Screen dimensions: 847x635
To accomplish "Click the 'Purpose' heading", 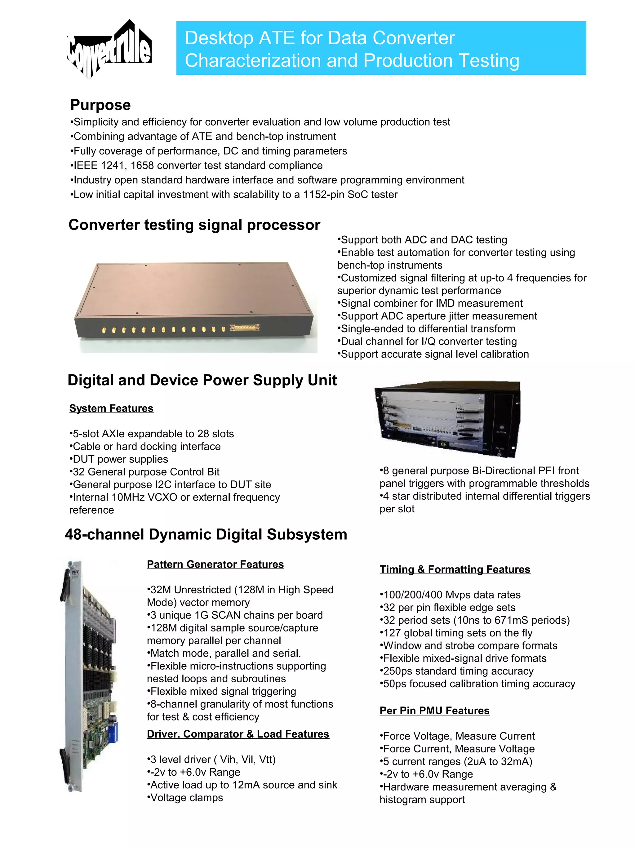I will click(100, 105).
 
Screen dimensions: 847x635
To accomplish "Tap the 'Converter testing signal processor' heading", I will click(194, 225).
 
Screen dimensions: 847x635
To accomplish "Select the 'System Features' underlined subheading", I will click(111, 408).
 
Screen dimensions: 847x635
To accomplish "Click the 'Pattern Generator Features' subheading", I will click(215, 564).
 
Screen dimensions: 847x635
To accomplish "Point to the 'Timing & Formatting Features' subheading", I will click(455, 569).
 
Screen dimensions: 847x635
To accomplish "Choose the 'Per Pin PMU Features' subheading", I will click(434, 710).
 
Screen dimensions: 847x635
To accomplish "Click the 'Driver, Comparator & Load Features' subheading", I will click(238, 734).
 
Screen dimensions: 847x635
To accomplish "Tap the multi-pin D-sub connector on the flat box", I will click(245, 328).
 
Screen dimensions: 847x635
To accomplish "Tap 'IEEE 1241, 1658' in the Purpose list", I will click(113, 165).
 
